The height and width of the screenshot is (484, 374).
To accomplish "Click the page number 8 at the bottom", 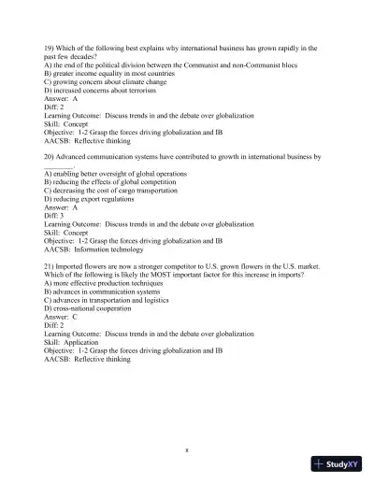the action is (x=187, y=450).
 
